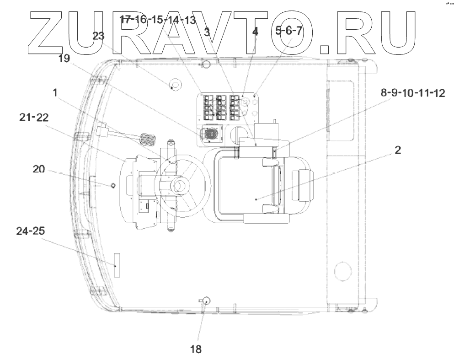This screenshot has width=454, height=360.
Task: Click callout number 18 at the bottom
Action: click(x=196, y=349)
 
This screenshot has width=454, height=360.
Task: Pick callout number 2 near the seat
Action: click(x=398, y=150)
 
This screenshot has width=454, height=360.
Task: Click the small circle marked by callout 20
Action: click(x=112, y=185)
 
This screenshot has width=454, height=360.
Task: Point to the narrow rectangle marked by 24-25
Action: click(x=117, y=265)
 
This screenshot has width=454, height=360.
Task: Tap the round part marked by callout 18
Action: click(x=207, y=301)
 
